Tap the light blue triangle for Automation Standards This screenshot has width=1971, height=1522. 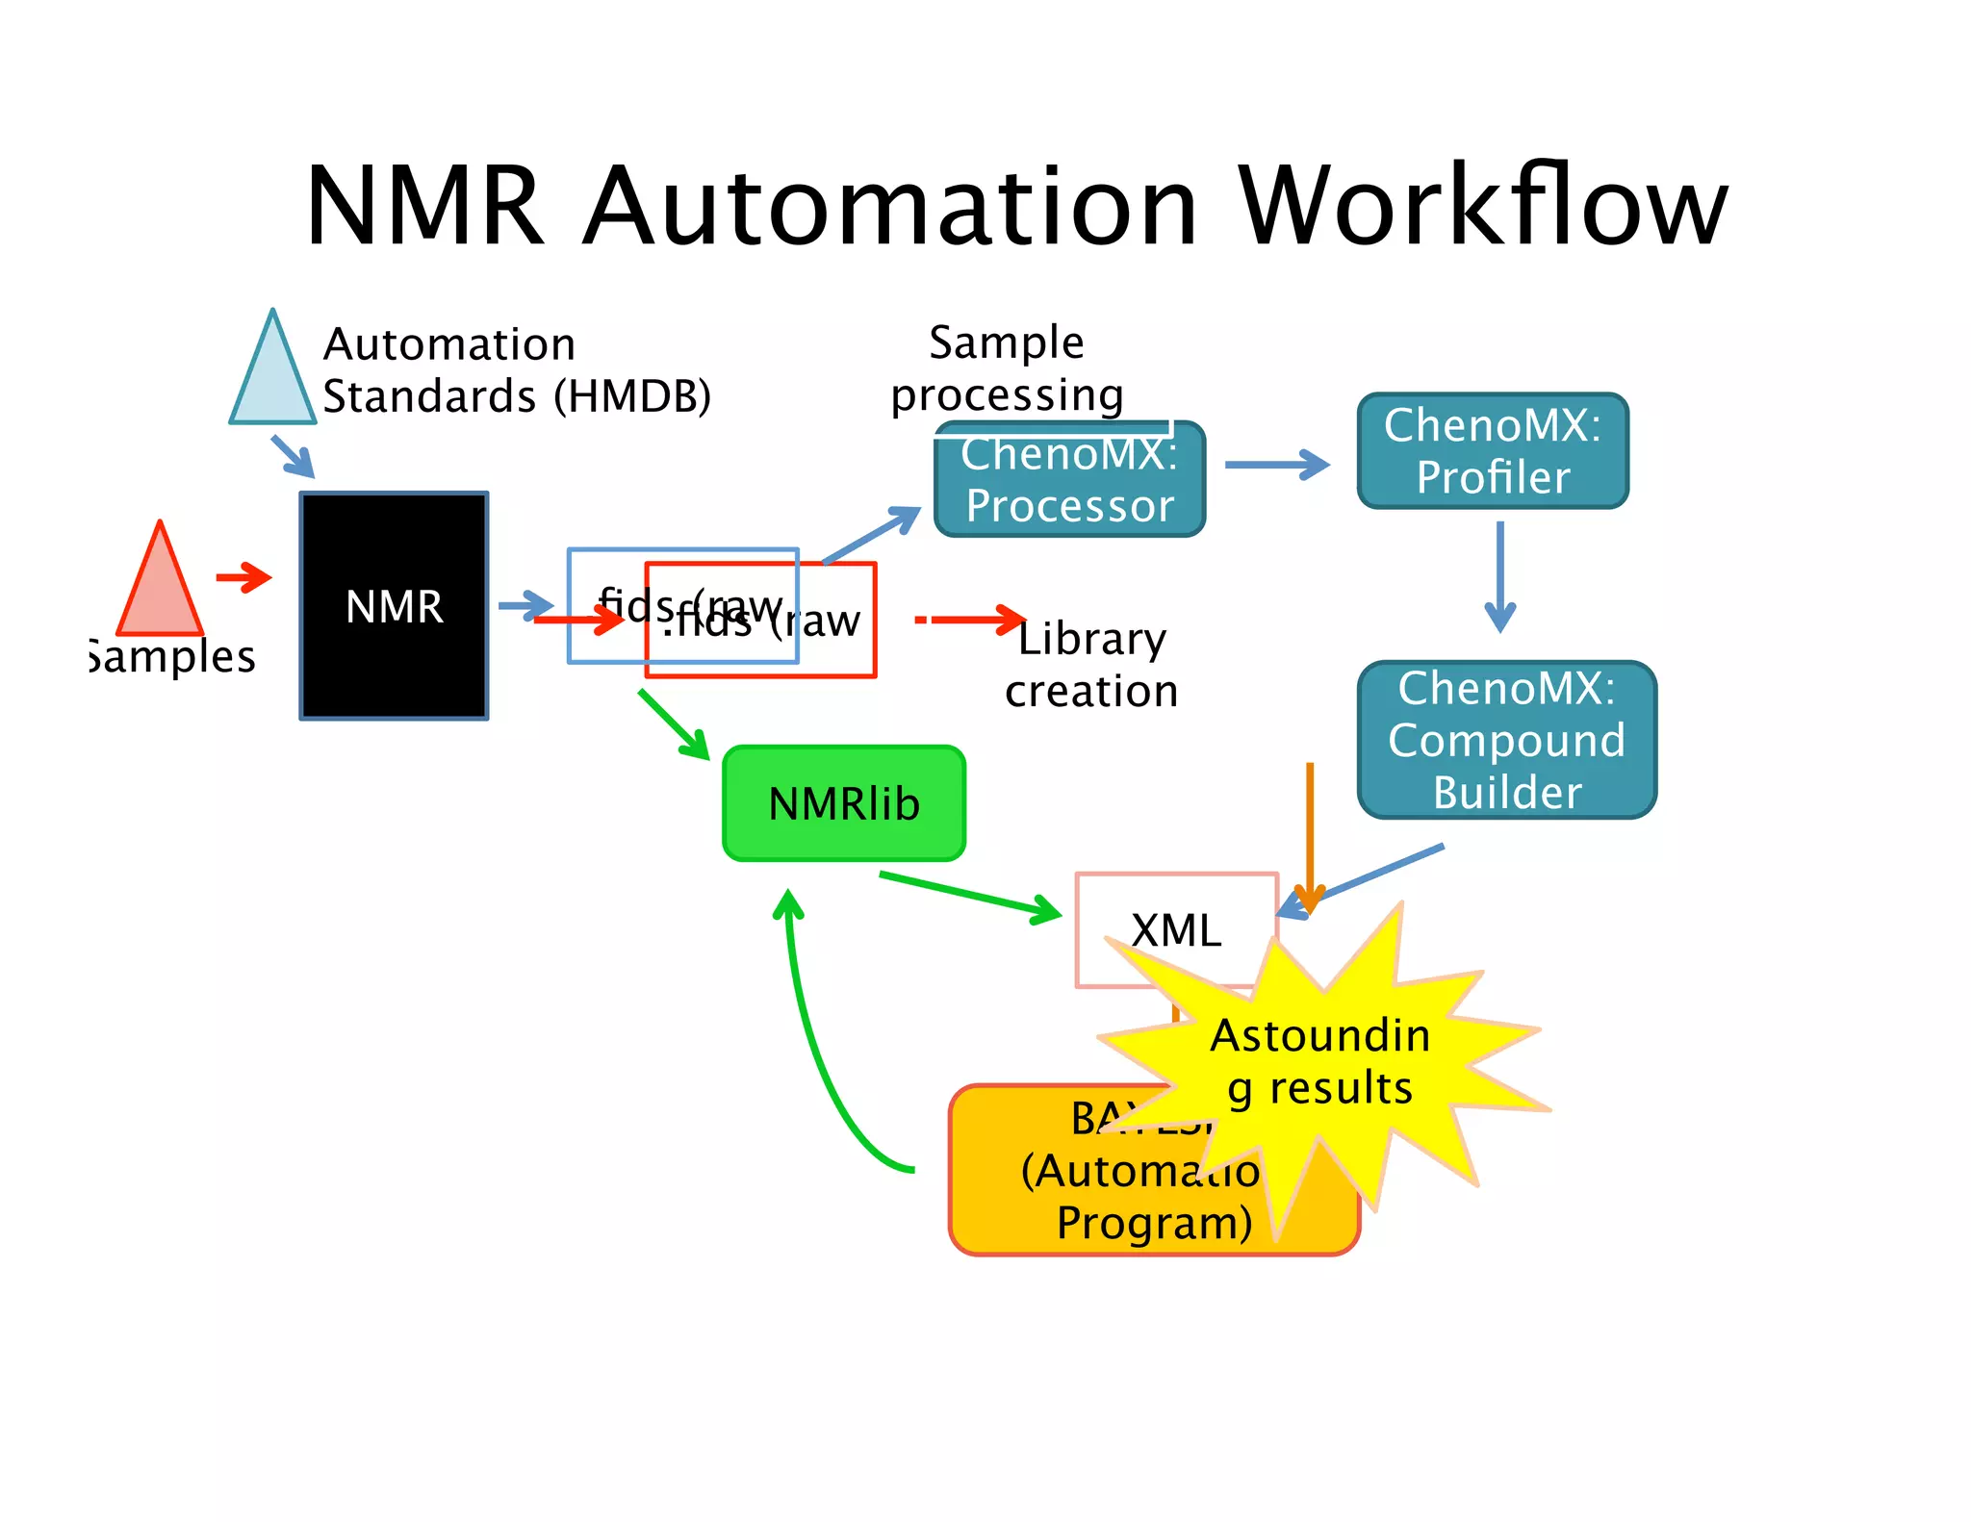(272, 380)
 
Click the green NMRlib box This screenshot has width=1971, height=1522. (843, 803)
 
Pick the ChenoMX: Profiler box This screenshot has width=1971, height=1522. (1493, 450)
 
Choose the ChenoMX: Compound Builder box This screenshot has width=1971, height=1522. (1506, 739)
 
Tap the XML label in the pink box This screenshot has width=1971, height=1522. (1176, 930)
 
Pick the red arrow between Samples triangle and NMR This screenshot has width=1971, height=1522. (244, 577)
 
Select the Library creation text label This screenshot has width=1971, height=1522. (1091, 665)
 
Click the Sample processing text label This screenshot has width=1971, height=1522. (1007, 368)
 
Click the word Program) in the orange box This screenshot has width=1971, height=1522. (1154, 1223)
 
